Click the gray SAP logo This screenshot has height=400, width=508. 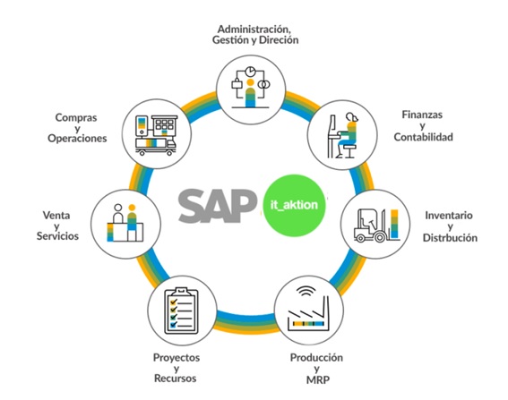pos(218,206)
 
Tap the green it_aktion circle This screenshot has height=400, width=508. pos(294,205)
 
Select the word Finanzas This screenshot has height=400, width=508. pos(422,115)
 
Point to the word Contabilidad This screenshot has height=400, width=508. pos(423,137)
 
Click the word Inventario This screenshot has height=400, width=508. pos(449,215)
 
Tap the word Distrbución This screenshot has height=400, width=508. pos(450,238)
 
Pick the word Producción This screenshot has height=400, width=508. pos(316,357)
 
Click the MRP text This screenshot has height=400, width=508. pos(318,379)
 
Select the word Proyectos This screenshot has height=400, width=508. pos(177,358)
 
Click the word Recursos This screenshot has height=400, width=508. pos(176,379)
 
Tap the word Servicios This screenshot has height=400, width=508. pos(57,236)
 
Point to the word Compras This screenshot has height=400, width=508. pos(76,117)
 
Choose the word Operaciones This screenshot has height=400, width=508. pos(77,138)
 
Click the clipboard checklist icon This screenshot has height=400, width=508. pos(181,311)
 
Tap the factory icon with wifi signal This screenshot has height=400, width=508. pos(308,309)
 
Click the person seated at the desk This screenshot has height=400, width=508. pos(348,135)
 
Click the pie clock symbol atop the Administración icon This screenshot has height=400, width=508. pos(250,72)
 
